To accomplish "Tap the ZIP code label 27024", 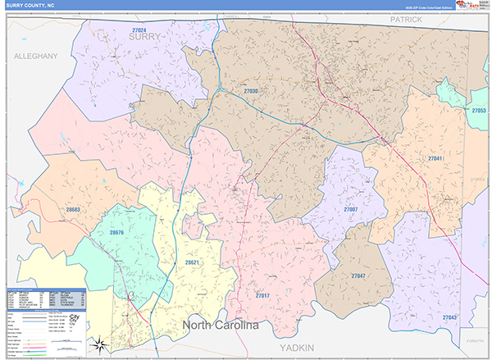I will [x=143, y=30].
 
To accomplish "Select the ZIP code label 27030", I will [x=251, y=91].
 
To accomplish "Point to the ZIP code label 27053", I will [x=479, y=110].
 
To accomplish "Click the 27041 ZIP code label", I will [x=435, y=157].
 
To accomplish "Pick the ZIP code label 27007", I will [x=350, y=210].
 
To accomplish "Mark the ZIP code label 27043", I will [x=450, y=317].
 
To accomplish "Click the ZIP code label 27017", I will [x=262, y=295].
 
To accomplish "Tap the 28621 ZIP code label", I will [x=192, y=262].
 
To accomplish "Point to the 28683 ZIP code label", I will [x=73, y=210].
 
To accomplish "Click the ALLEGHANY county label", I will [x=35, y=56].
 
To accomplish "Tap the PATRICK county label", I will [x=405, y=18].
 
